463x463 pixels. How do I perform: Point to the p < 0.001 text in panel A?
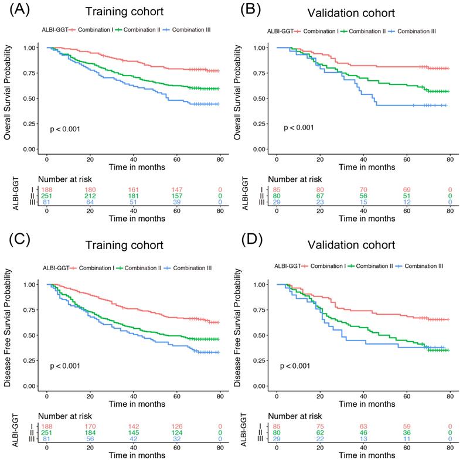tap(65, 128)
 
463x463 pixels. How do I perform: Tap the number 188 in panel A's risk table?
tap(47, 189)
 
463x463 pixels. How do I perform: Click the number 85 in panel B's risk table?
tap(277, 189)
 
